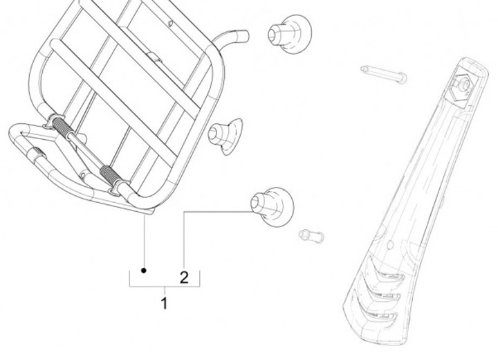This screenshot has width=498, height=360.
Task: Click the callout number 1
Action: click(164, 303)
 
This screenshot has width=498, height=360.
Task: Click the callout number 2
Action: click(184, 278)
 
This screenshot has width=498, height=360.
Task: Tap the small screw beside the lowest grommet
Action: click(312, 236)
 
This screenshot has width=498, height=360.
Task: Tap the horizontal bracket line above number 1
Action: click(164, 285)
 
